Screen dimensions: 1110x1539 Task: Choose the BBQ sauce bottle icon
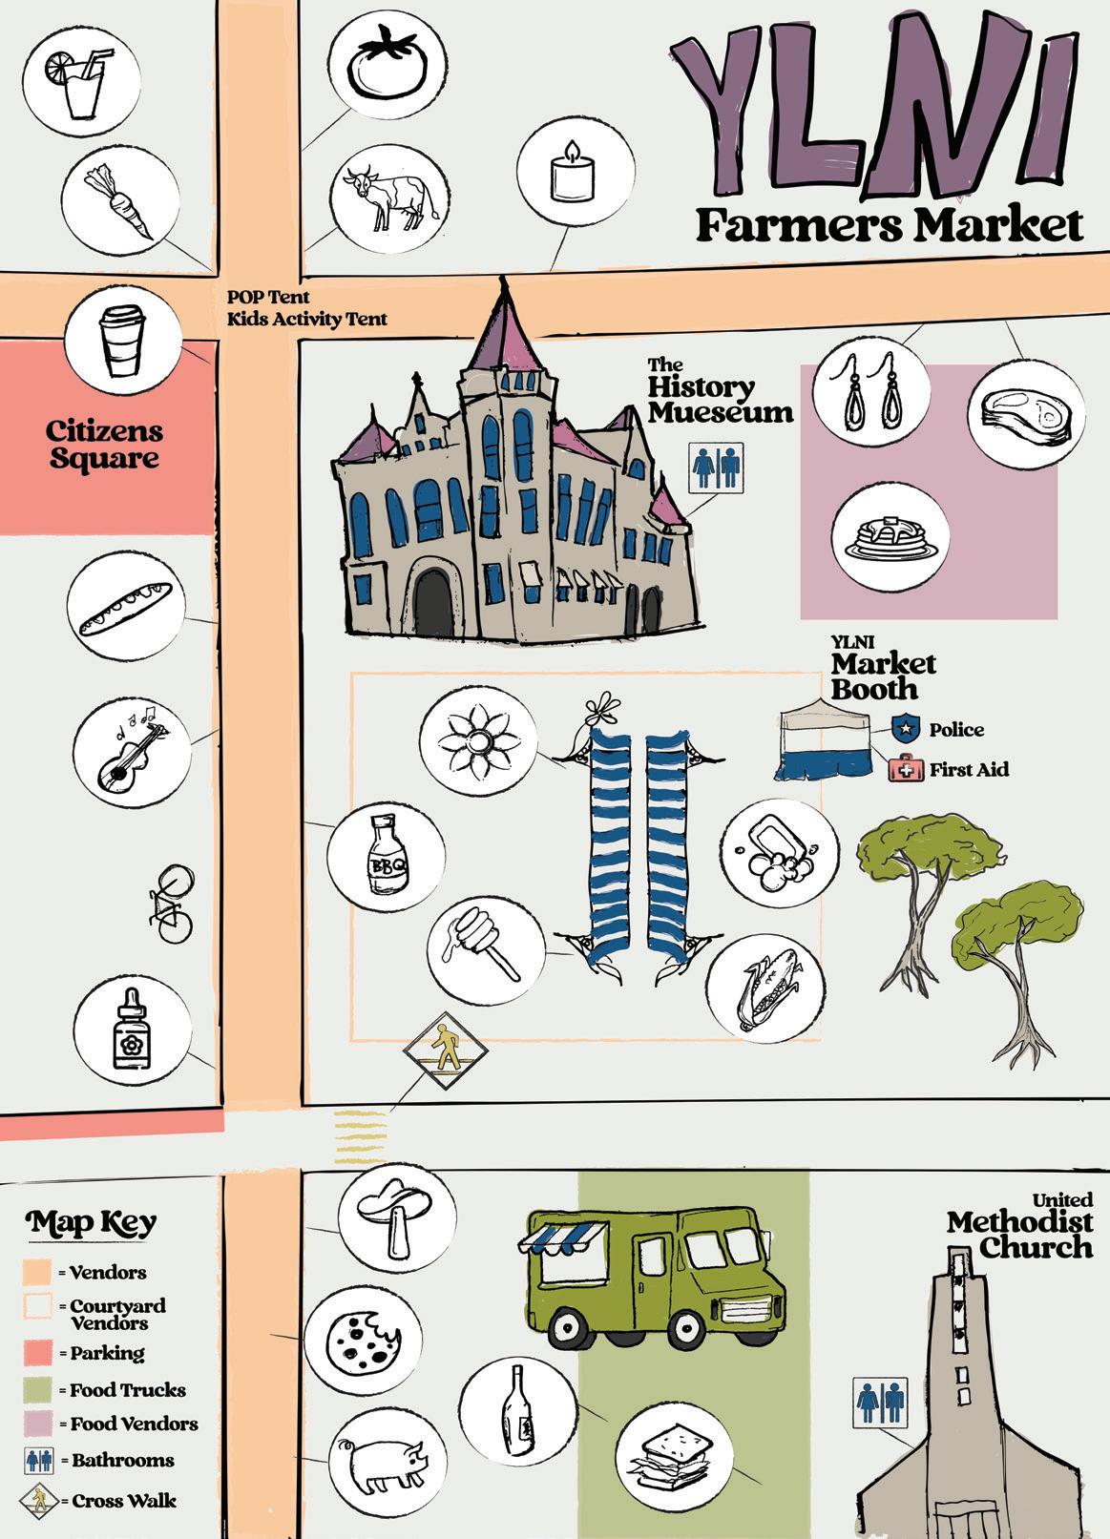[x=386, y=853]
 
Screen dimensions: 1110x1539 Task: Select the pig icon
[x=387, y=1466]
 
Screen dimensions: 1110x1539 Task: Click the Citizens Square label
[x=104, y=445]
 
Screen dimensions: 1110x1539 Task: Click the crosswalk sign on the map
[x=444, y=1051]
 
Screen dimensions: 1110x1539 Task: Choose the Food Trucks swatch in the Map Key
[x=37, y=1389]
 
